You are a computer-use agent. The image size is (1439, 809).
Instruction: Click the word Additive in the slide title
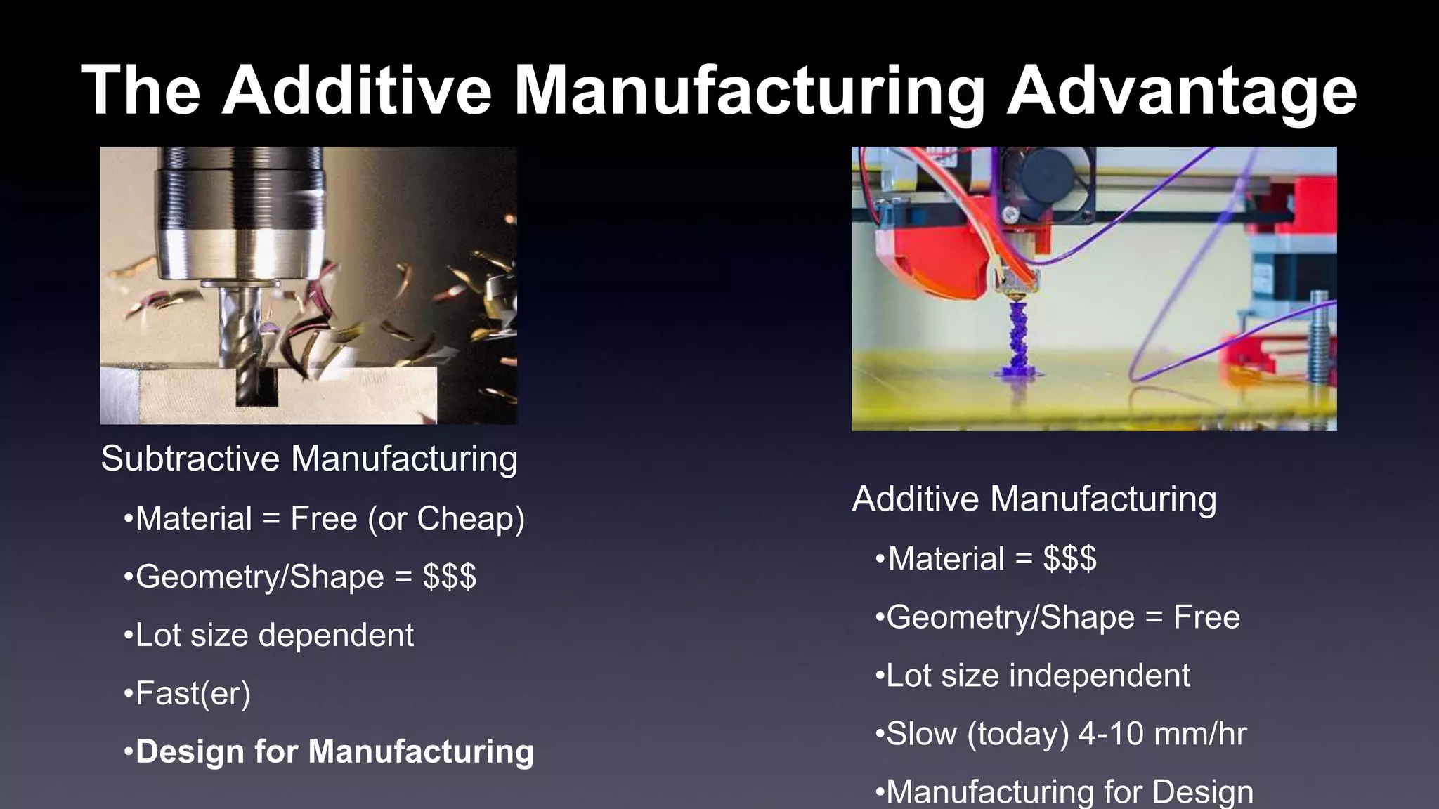point(357,90)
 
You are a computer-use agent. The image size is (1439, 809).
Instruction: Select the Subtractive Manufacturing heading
point(309,459)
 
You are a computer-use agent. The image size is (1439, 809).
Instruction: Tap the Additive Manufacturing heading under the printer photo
point(1034,499)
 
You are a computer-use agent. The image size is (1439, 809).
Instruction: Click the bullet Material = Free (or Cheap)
point(324,519)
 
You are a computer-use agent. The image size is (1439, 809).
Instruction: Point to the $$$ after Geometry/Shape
point(450,577)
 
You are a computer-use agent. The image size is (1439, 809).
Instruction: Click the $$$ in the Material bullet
point(1069,560)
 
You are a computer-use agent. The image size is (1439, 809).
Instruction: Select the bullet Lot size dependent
point(268,636)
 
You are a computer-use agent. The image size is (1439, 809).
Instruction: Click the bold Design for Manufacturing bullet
point(329,751)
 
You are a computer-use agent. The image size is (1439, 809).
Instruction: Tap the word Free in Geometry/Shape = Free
point(1206,618)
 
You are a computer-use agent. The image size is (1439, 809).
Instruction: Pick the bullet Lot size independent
point(1033,676)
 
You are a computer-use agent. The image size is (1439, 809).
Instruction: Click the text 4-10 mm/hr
point(1162,735)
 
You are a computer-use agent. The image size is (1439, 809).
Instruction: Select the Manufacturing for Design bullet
point(1064,791)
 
